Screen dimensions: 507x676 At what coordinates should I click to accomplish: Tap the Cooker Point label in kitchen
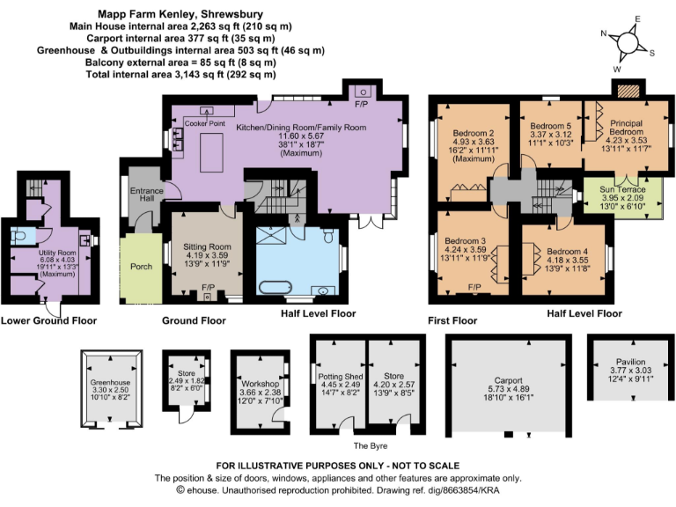pyautogui.click(x=205, y=124)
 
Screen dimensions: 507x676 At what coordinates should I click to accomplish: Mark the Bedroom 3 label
pyautogui.click(x=466, y=240)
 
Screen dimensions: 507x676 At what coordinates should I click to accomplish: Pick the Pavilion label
pyautogui.click(x=629, y=362)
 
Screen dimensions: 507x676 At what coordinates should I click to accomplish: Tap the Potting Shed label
pyautogui.click(x=338, y=376)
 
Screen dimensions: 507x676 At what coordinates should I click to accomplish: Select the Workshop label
pyautogui.click(x=260, y=386)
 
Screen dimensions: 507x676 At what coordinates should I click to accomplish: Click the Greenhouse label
pyautogui.click(x=111, y=383)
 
